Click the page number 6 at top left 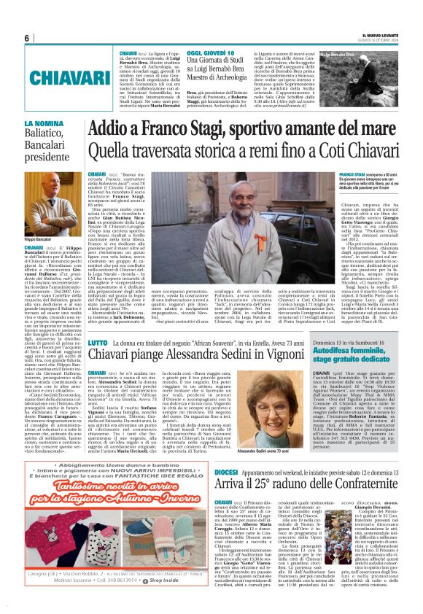[27, 39]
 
